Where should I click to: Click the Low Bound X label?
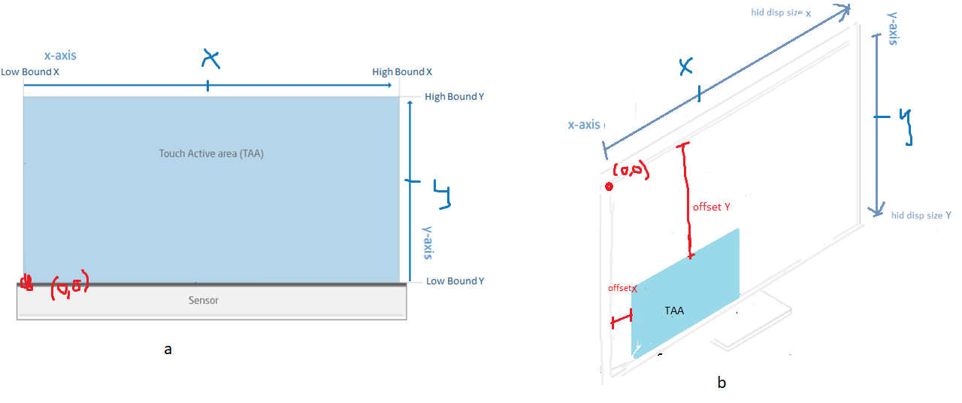[30, 72]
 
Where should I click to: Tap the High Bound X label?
[402, 72]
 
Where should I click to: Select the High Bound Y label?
[454, 97]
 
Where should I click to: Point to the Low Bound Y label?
[455, 281]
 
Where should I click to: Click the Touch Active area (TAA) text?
[211, 153]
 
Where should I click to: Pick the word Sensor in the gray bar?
[203, 300]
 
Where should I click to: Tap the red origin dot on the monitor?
[609, 186]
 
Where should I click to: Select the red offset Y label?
[712, 207]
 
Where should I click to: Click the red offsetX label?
[622, 289]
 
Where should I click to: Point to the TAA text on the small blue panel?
[674, 310]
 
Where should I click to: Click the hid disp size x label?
[782, 12]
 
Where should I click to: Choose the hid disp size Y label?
[921, 216]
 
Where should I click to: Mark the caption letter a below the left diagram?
[168, 349]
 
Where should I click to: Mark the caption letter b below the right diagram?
[721, 383]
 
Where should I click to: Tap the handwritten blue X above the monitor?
[685, 67]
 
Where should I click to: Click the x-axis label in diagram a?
[59, 55]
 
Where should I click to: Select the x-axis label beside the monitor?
[584, 125]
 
